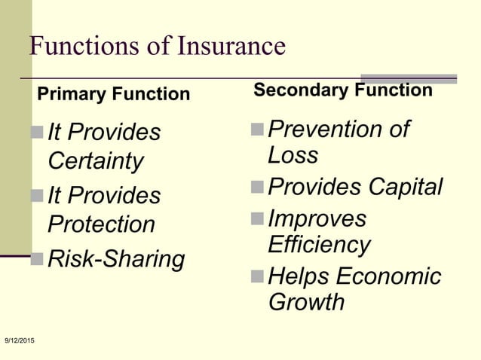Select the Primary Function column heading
coord(114,95)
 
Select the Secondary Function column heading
coord(343,91)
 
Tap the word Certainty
coord(95,161)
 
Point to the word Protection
coord(101,224)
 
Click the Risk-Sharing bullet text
coord(116,258)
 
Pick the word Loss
coord(293,155)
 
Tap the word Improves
coord(317,218)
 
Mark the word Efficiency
coord(319,245)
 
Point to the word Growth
coord(306,302)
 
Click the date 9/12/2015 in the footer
coord(19,343)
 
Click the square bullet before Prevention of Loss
coord(258,130)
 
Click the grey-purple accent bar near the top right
coord(409,78)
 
